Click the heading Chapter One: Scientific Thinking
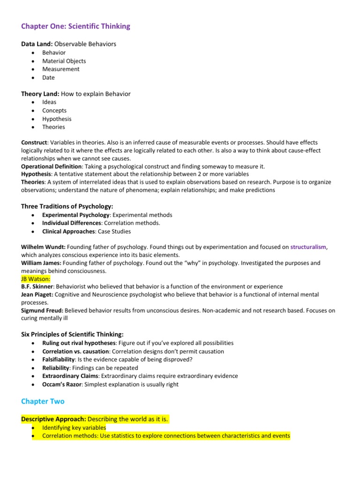(75, 26)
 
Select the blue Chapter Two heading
(43, 401)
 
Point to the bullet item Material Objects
(64, 61)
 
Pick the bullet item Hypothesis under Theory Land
(56, 119)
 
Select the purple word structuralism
(308, 247)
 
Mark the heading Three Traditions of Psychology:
(67, 206)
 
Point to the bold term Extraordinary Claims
(70, 376)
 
